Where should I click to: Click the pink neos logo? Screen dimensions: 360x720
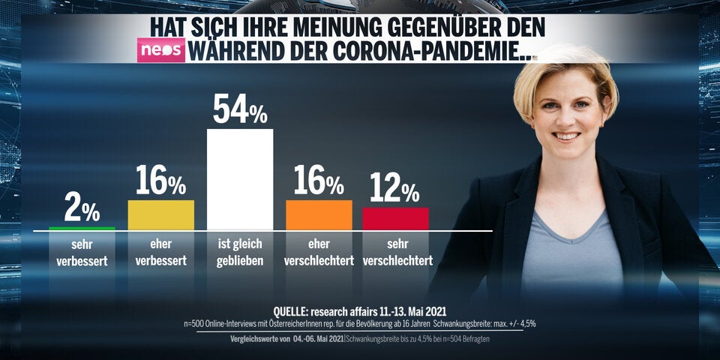[160, 50]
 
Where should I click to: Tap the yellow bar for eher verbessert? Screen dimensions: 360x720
[161, 214]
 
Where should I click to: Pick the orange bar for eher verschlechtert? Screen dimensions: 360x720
[319, 214]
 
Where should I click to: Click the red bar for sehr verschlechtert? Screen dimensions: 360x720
[395, 218]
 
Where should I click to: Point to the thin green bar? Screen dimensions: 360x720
[82, 227]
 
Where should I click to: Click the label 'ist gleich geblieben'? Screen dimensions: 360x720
[240, 253]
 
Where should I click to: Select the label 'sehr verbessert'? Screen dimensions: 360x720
[82, 253]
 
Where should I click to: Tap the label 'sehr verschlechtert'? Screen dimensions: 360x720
[397, 253]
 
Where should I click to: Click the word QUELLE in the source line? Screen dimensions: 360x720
[297, 310]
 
